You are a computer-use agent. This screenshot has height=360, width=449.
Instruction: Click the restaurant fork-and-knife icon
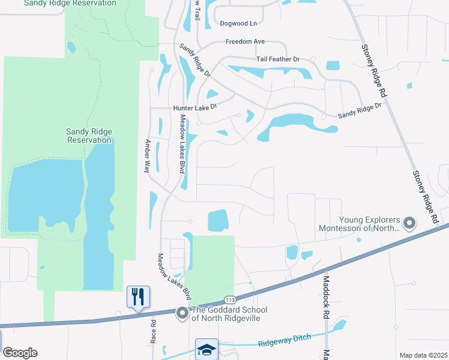pos(138,296)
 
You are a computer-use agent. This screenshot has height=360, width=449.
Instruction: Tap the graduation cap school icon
pos(206,349)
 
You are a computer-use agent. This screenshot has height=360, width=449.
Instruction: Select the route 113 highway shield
pos(229,299)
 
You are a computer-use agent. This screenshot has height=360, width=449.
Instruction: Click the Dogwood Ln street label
pos(238,23)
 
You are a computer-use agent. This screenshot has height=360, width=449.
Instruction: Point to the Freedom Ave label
pos(245,42)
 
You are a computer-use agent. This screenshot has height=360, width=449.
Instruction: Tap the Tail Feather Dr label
pos(277,59)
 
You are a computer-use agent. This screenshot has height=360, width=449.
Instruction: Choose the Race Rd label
pos(153,331)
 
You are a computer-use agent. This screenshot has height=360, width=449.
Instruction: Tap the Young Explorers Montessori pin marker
pos(409,223)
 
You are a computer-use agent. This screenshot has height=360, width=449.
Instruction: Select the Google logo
pos(20,353)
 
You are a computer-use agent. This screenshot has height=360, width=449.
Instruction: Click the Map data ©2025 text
pos(423,355)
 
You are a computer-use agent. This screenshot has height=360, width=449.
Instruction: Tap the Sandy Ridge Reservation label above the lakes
pos(89,136)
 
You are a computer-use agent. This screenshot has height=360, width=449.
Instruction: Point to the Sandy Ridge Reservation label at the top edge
pos(70,3)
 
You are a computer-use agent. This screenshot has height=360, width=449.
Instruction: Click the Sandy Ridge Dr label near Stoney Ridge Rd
pos(360,110)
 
